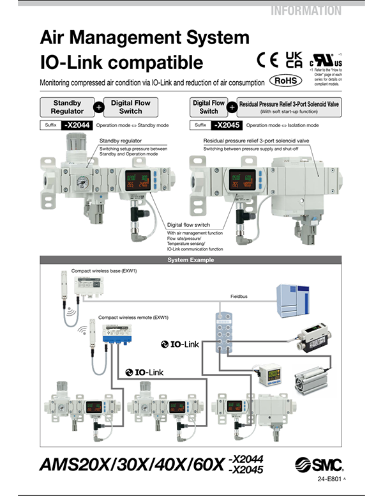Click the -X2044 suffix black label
77,125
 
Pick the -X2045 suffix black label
228,125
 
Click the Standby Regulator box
67,107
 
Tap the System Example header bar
191,260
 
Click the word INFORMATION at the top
306,10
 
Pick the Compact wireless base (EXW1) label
104,270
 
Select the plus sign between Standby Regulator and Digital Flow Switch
99,107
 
